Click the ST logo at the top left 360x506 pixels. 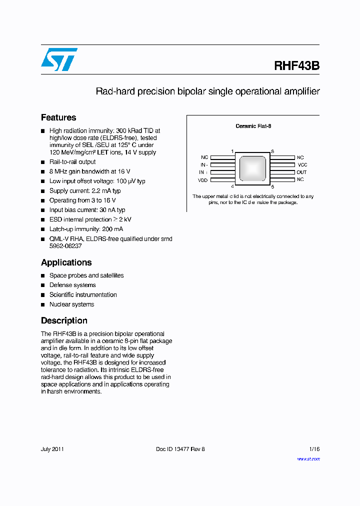click(59, 59)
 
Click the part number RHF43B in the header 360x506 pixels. click(296, 66)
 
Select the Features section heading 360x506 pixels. click(58, 117)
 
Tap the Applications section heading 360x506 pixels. click(66, 262)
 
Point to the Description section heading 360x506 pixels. click(64, 320)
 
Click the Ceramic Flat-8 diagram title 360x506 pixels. click(253, 126)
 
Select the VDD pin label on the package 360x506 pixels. click(202, 179)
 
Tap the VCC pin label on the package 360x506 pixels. click(302, 164)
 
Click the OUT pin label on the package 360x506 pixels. click(301, 172)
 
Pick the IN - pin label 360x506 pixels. click(203, 164)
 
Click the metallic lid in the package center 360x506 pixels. click(252, 168)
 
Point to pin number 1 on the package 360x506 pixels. click(232, 151)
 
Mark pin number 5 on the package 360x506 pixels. click(272, 186)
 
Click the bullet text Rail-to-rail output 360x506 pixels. click(72, 162)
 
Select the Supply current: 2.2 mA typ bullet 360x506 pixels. click(85, 191)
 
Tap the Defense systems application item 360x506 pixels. click(72, 285)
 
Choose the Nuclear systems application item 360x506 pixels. click(71, 304)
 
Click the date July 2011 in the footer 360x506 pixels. click(52, 449)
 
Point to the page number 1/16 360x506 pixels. click(314, 449)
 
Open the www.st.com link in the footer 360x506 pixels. click(308, 458)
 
